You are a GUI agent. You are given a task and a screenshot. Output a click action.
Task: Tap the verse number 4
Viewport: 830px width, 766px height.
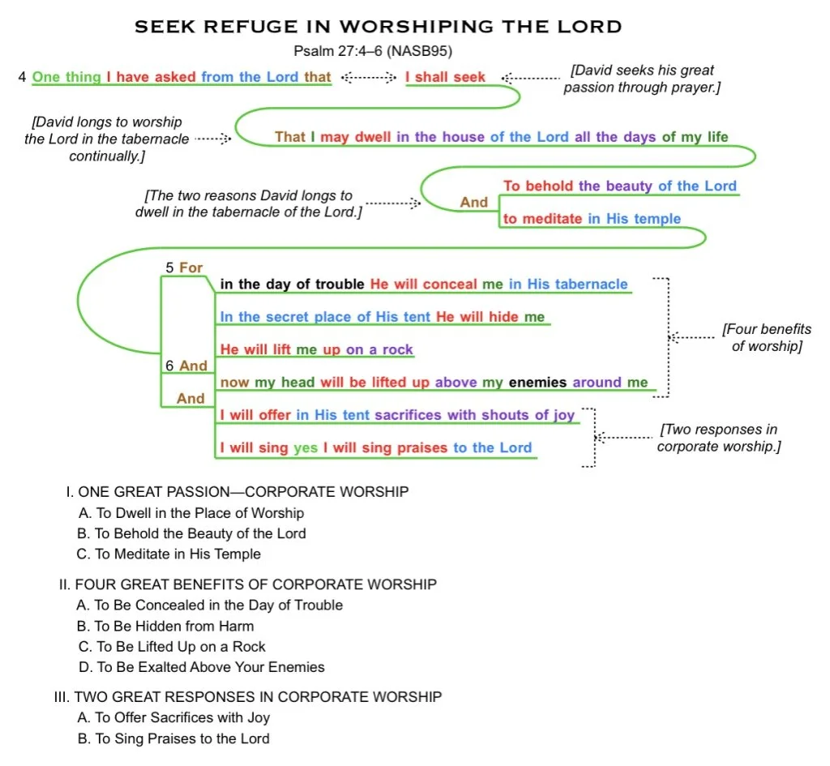(22, 77)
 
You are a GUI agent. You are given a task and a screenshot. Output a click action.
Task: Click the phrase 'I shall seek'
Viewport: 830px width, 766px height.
(445, 77)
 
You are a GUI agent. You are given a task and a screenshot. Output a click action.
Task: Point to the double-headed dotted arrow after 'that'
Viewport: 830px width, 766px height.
(368, 77)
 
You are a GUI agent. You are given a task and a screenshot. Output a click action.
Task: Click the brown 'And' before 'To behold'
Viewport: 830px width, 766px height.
(474, 203)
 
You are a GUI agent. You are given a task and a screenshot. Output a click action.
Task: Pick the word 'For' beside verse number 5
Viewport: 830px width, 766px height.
(191, 267)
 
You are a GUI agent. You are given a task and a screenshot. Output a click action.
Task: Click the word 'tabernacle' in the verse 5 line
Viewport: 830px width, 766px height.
(591, 284)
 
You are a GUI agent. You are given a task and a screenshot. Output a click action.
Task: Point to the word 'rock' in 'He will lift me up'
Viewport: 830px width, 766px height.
(396, 349)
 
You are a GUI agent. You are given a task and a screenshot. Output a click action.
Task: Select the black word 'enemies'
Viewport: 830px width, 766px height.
(538, 382)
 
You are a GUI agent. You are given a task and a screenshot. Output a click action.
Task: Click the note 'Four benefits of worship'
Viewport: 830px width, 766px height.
(766, 338)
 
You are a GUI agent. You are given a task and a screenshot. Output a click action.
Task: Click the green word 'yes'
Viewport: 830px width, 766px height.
(306, 447)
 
